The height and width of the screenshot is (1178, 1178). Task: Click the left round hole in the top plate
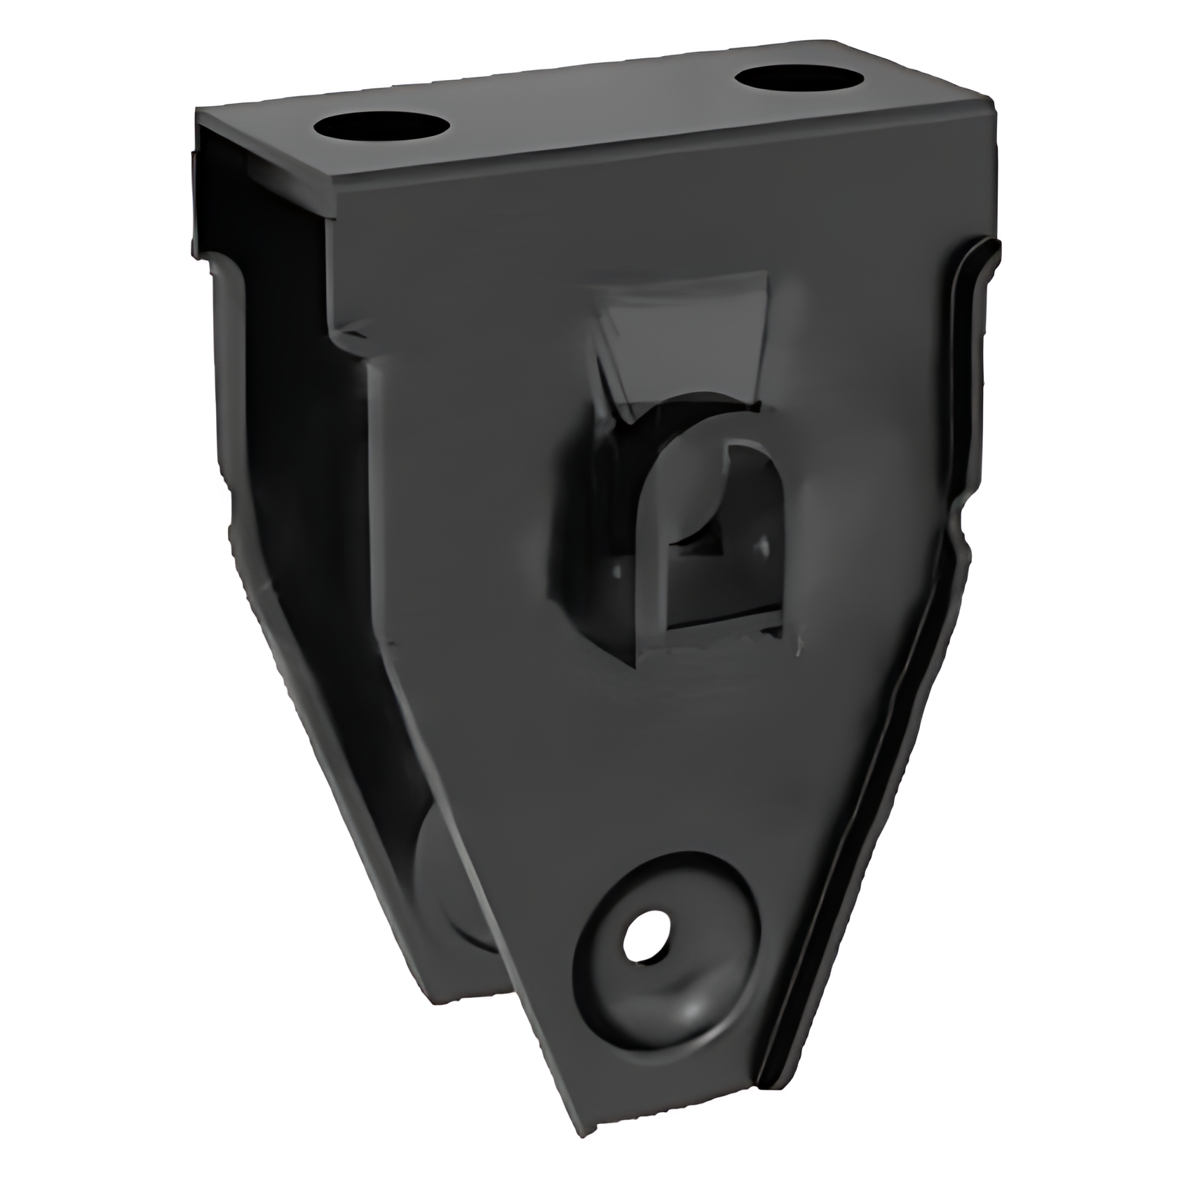(x=381, y=130)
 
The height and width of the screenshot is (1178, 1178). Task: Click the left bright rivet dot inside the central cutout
(x=616, y=571)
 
